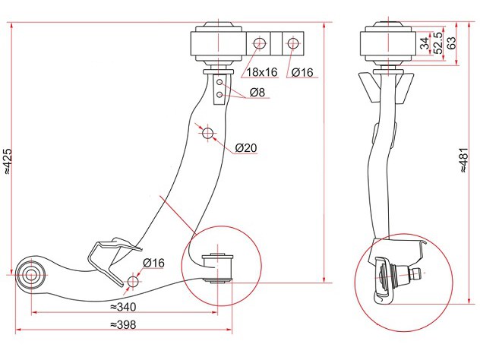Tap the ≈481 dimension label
click(464, 159)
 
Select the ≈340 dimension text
click(122, 307)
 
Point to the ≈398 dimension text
click(122, 324)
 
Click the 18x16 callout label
click(262, 72)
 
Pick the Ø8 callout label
click(257, 92)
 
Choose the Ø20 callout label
click(246, 148)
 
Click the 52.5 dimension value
click(438, 43)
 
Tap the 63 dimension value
click(452, 43)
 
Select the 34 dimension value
click(425, 43)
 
